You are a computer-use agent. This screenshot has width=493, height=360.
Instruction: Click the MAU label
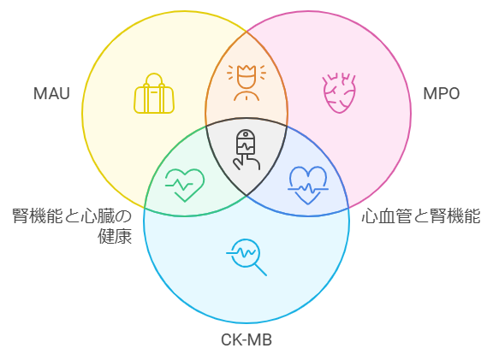pyautogui.click(x=51, y=93)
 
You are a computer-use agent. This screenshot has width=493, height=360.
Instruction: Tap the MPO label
pyautogui.click(x=442, y=93)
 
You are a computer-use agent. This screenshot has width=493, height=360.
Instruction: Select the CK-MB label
pyautogui.click(x=246, y=339)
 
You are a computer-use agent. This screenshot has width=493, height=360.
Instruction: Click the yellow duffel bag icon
pyautogui.click(x=154, y=93)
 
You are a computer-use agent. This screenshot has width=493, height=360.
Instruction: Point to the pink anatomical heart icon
pyautogui.click(x=340, y=93)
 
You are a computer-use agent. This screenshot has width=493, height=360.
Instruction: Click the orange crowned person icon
pyautogui.click(x=246, y=83)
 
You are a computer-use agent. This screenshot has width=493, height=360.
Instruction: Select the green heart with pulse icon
pyautogui.click(x=185, y=185)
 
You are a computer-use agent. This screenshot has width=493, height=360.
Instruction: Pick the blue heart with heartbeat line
pyautogui.click(x=308, y=186)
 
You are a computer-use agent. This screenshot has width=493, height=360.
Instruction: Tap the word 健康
pyautogui.click(x=115, y=236)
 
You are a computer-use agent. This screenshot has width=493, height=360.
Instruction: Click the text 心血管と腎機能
pyautogui.click(x=421, y=216)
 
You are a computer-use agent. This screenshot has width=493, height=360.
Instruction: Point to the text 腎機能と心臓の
pyautogui.click(x=72, y=216)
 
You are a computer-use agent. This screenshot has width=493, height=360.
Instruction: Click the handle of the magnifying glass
pyautogui.click(x=261, y=269)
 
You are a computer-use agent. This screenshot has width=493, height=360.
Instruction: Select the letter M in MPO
pyautogui.click(x=430, y=93)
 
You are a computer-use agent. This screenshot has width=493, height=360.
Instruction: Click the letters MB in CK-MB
pyautogui.click(x=261, y=339)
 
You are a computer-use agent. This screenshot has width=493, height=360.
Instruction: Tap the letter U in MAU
pyautogui.click(x=64, y=93)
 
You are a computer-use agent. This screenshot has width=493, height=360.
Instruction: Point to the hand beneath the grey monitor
pyautogui.click(x=246, y=162)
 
